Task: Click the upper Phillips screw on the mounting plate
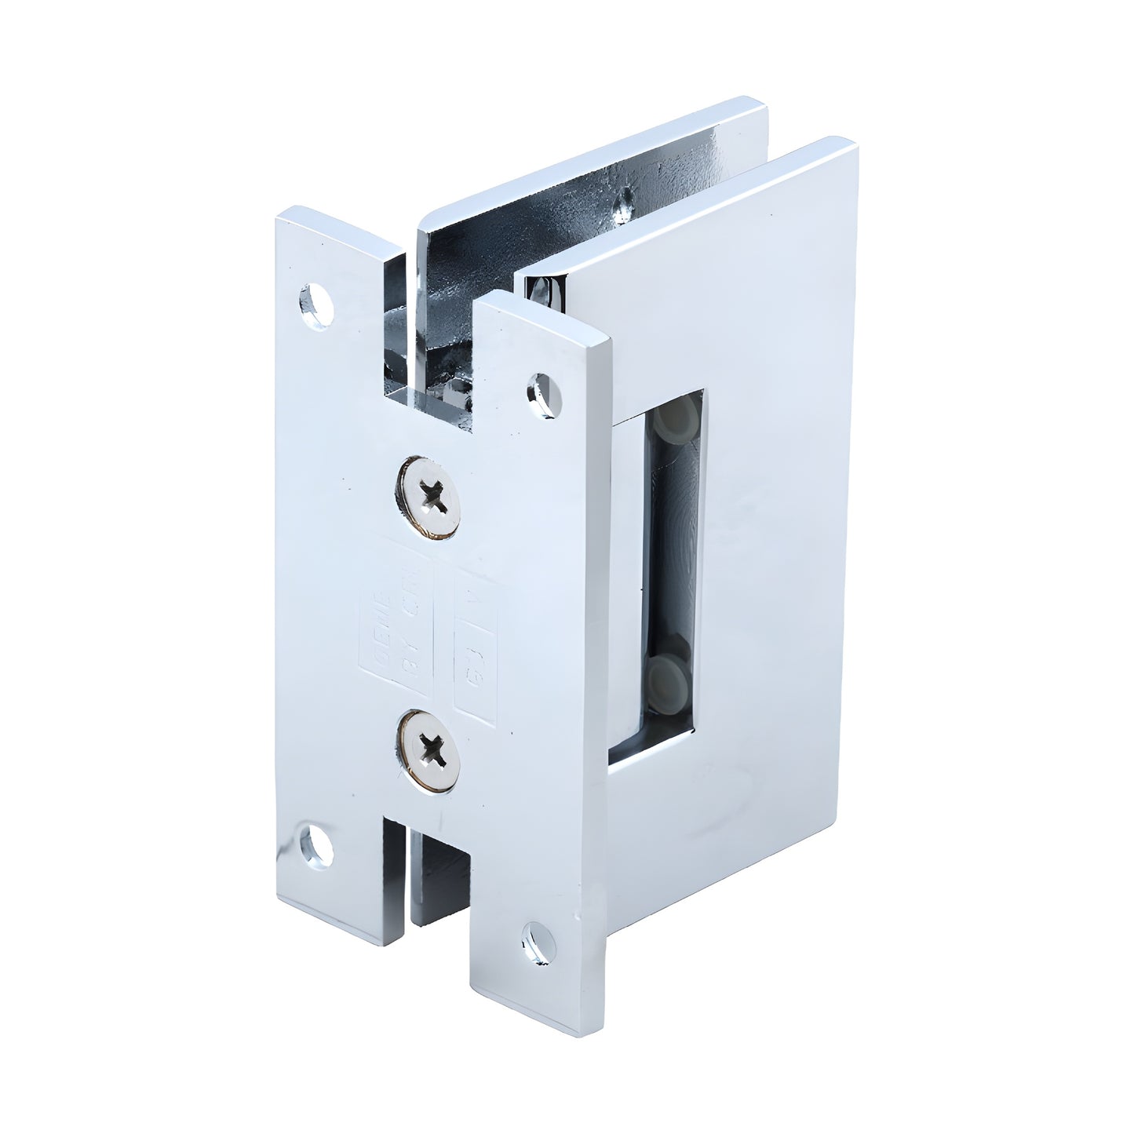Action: [x=428, y=497]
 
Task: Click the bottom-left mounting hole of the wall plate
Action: [x=316, y=845]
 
